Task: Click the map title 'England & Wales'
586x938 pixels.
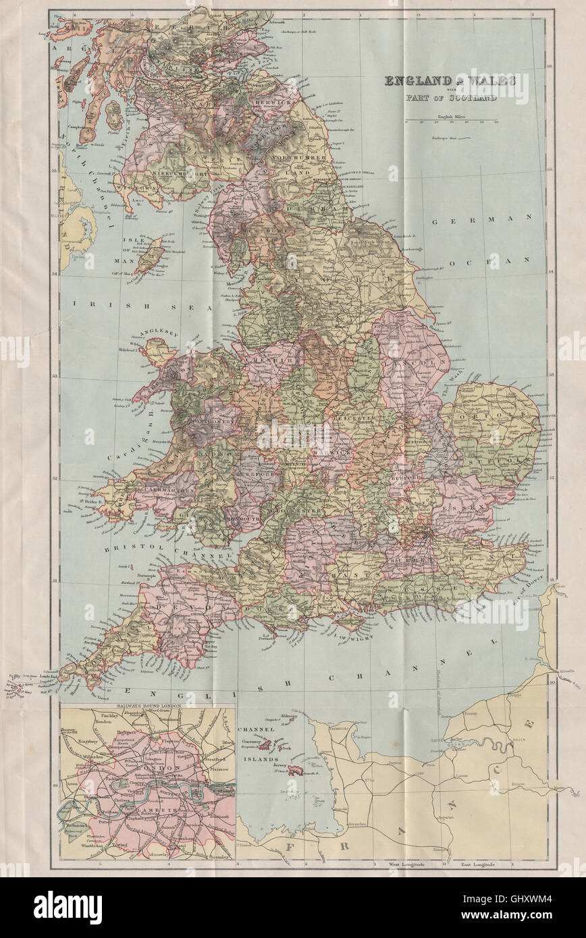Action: tap(451, 81)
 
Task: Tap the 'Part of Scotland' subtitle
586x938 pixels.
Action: tap(451, 96)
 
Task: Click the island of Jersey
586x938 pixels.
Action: tap(295, 770)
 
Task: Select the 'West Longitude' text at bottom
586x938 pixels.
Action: tap(404, 864)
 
